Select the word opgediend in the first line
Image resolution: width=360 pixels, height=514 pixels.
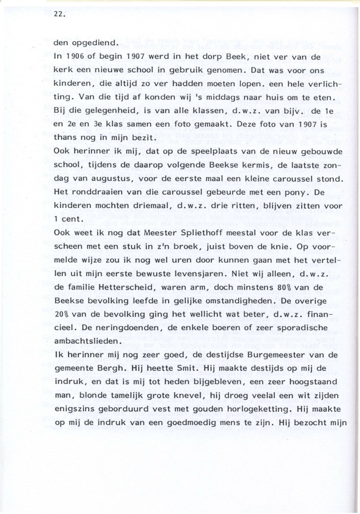pyautogui.click(x=93, y=41)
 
